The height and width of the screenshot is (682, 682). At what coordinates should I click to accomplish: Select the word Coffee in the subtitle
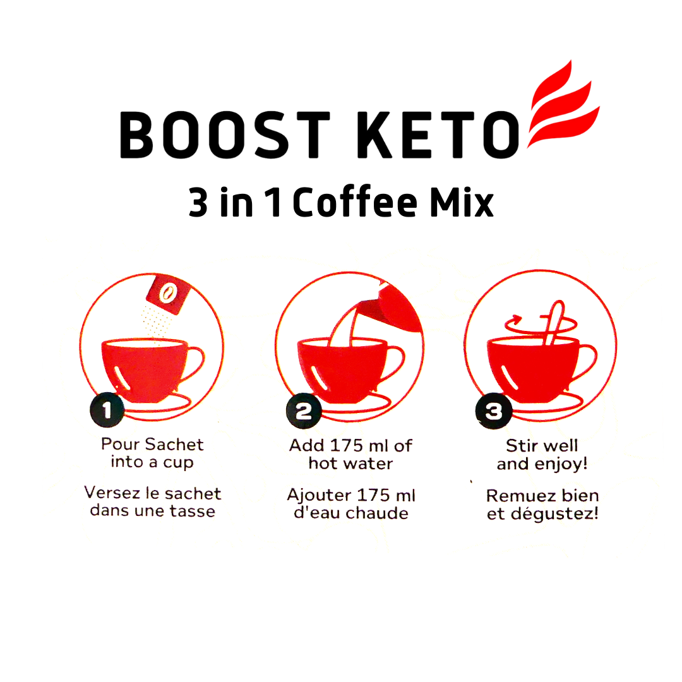(355, 202)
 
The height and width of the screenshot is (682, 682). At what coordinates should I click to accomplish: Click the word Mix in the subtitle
(462, 203)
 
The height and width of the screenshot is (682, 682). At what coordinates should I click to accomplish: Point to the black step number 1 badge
(107, 410)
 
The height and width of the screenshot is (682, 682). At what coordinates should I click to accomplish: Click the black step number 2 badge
(304, 410)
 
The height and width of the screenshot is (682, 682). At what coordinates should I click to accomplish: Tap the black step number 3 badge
(493, 411)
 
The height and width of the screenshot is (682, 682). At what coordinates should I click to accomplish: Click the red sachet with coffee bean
(168, 294)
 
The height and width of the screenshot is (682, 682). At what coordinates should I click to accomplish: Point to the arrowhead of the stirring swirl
(517, 320)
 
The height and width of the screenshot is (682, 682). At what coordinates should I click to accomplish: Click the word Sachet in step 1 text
(174, 445)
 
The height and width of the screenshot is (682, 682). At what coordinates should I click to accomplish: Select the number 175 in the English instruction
(347, 445)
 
